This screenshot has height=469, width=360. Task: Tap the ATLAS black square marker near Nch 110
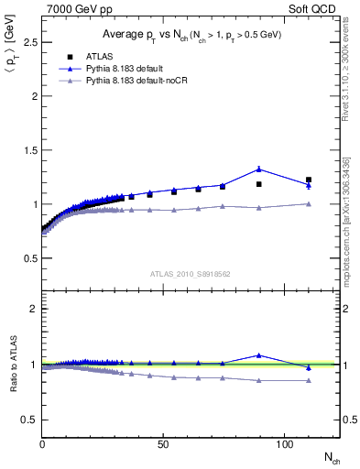[x=309, y=180]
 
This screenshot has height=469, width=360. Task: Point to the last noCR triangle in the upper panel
[x=309, y=203]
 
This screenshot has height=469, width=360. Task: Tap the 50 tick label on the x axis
[x=162, y=443]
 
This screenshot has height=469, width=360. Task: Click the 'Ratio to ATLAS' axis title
[x=10, y=365]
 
